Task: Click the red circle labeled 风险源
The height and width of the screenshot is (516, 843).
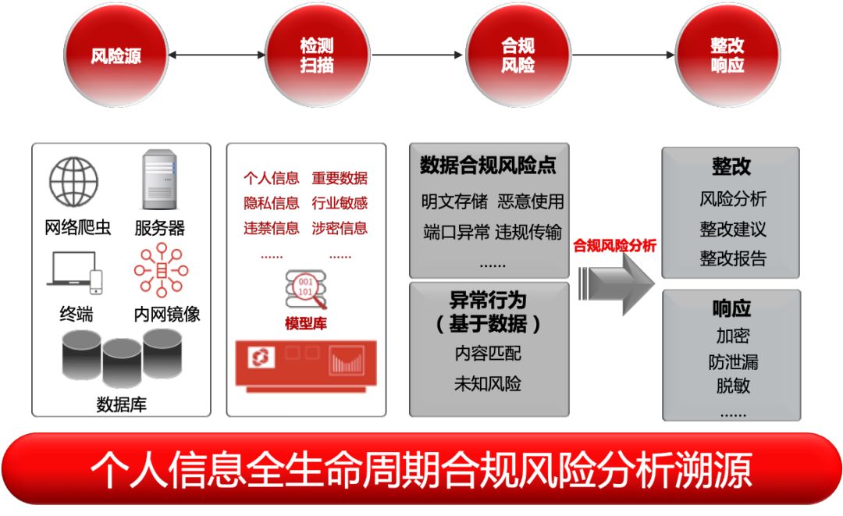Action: coord(116,56)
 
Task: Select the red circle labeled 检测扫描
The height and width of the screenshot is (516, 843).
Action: coord(317,56)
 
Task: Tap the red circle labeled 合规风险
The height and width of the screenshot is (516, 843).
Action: coord(518,56)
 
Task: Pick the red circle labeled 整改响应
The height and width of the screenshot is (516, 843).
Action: coord(727,56)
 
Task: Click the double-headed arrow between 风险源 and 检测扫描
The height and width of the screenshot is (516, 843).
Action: coord(216,55)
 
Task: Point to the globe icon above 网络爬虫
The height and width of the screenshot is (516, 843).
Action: coord(74,182)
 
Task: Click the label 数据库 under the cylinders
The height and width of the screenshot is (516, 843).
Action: coord(121,404)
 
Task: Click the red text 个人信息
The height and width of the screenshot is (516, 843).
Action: coord(271,179)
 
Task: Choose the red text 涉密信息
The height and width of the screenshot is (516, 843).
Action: coord(340,228)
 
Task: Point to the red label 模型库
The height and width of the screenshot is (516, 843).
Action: coord(305,323)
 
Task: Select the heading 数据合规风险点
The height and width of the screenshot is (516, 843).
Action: coord(489,165)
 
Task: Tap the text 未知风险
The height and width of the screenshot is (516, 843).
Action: coord(488,384)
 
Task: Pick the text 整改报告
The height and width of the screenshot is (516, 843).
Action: coord(732,258)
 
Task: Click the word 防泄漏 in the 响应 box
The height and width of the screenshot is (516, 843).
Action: coord(732,362)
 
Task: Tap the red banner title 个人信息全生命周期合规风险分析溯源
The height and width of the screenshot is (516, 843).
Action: coord(421,469)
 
